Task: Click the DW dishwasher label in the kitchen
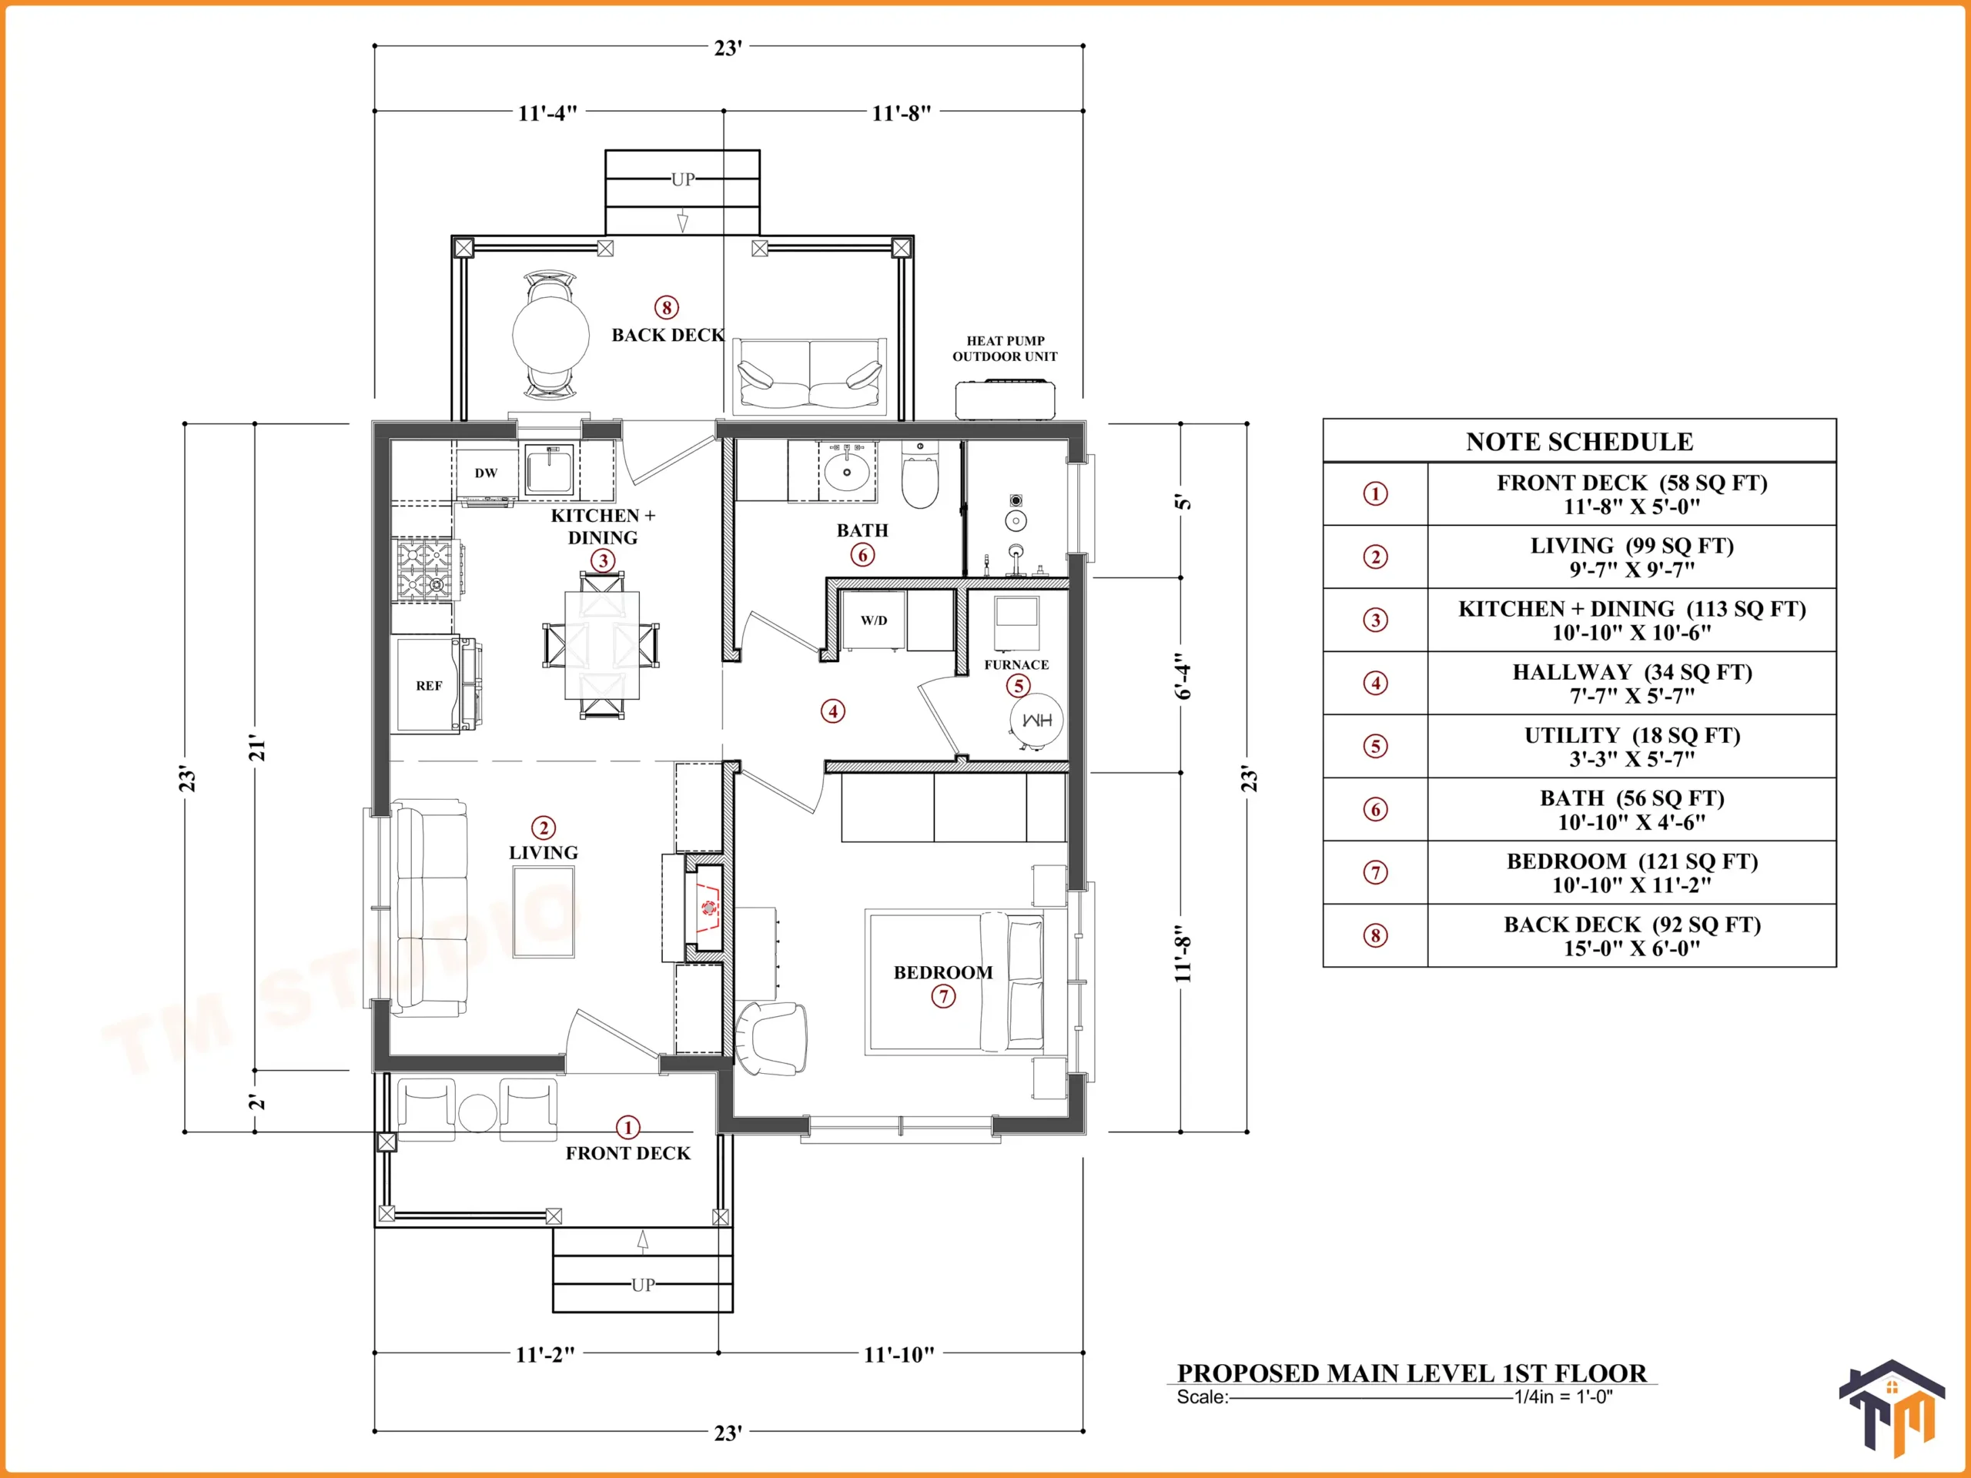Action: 486,473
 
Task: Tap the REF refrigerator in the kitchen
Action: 430,685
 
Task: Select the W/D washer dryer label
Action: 874,620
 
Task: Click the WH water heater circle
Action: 1036,720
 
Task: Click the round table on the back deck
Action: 550,335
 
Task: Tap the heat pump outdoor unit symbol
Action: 1005,399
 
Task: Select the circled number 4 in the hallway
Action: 833,711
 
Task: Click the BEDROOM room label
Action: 942,972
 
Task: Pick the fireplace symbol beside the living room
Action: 704,908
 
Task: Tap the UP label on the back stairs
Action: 684,179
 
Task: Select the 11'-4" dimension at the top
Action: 548,113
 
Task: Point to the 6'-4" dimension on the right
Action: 1183,675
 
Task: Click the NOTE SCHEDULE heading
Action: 1580,442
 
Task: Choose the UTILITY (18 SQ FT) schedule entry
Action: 1632,747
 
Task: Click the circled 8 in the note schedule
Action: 1376,935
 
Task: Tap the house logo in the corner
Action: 1892,1409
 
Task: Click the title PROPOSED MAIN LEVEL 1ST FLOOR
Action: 1412,1373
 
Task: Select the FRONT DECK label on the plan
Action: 628,1153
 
